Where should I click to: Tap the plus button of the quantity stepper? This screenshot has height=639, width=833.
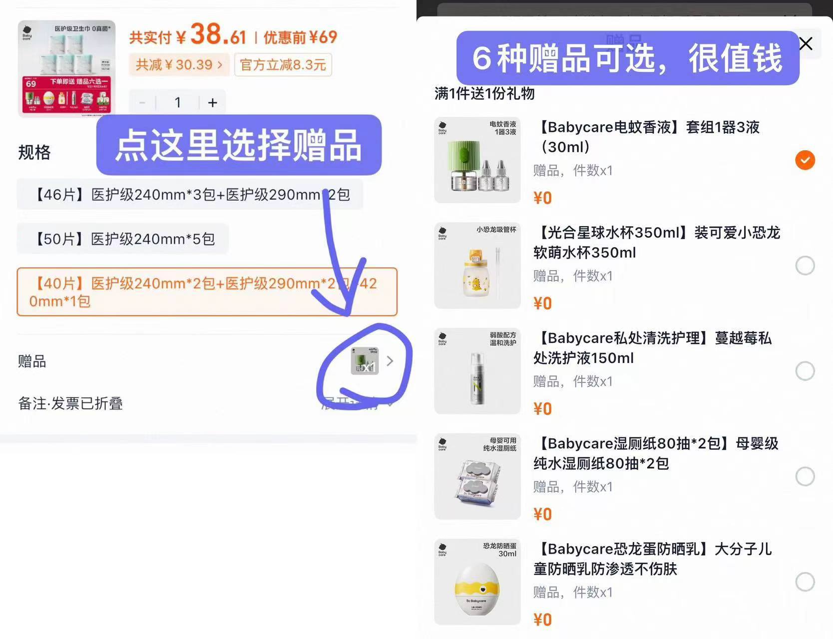coord(212,103)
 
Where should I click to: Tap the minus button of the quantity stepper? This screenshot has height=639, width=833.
coord(142,103)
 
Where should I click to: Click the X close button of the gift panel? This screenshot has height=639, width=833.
coord(806,44)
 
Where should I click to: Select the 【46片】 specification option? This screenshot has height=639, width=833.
coord(190,195)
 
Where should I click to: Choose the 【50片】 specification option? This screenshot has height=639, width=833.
coord(123,239)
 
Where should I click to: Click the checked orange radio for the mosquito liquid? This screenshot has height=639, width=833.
coord(805,160)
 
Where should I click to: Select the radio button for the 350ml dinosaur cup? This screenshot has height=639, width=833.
coord(805,266)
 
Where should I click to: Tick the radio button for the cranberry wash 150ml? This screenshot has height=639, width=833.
coord(805,371)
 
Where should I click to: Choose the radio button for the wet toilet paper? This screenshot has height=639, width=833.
coord(805,476)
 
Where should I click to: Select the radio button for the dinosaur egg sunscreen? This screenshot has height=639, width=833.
coord(805,582)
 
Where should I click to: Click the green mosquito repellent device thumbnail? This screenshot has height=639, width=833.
coord(477,160)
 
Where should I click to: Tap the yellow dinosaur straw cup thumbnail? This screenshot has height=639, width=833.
coord(477,266)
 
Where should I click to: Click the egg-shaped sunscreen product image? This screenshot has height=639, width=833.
coord(477,582)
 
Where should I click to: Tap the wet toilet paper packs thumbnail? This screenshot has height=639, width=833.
coord(477,477)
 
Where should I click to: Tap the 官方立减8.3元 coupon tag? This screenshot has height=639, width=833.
coord(283,65)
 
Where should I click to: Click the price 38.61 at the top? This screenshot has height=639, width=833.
coord(218,35)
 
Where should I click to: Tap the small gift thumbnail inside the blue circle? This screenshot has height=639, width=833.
coord(365,361)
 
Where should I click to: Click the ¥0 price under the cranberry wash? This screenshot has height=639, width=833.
coord(542,409)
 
